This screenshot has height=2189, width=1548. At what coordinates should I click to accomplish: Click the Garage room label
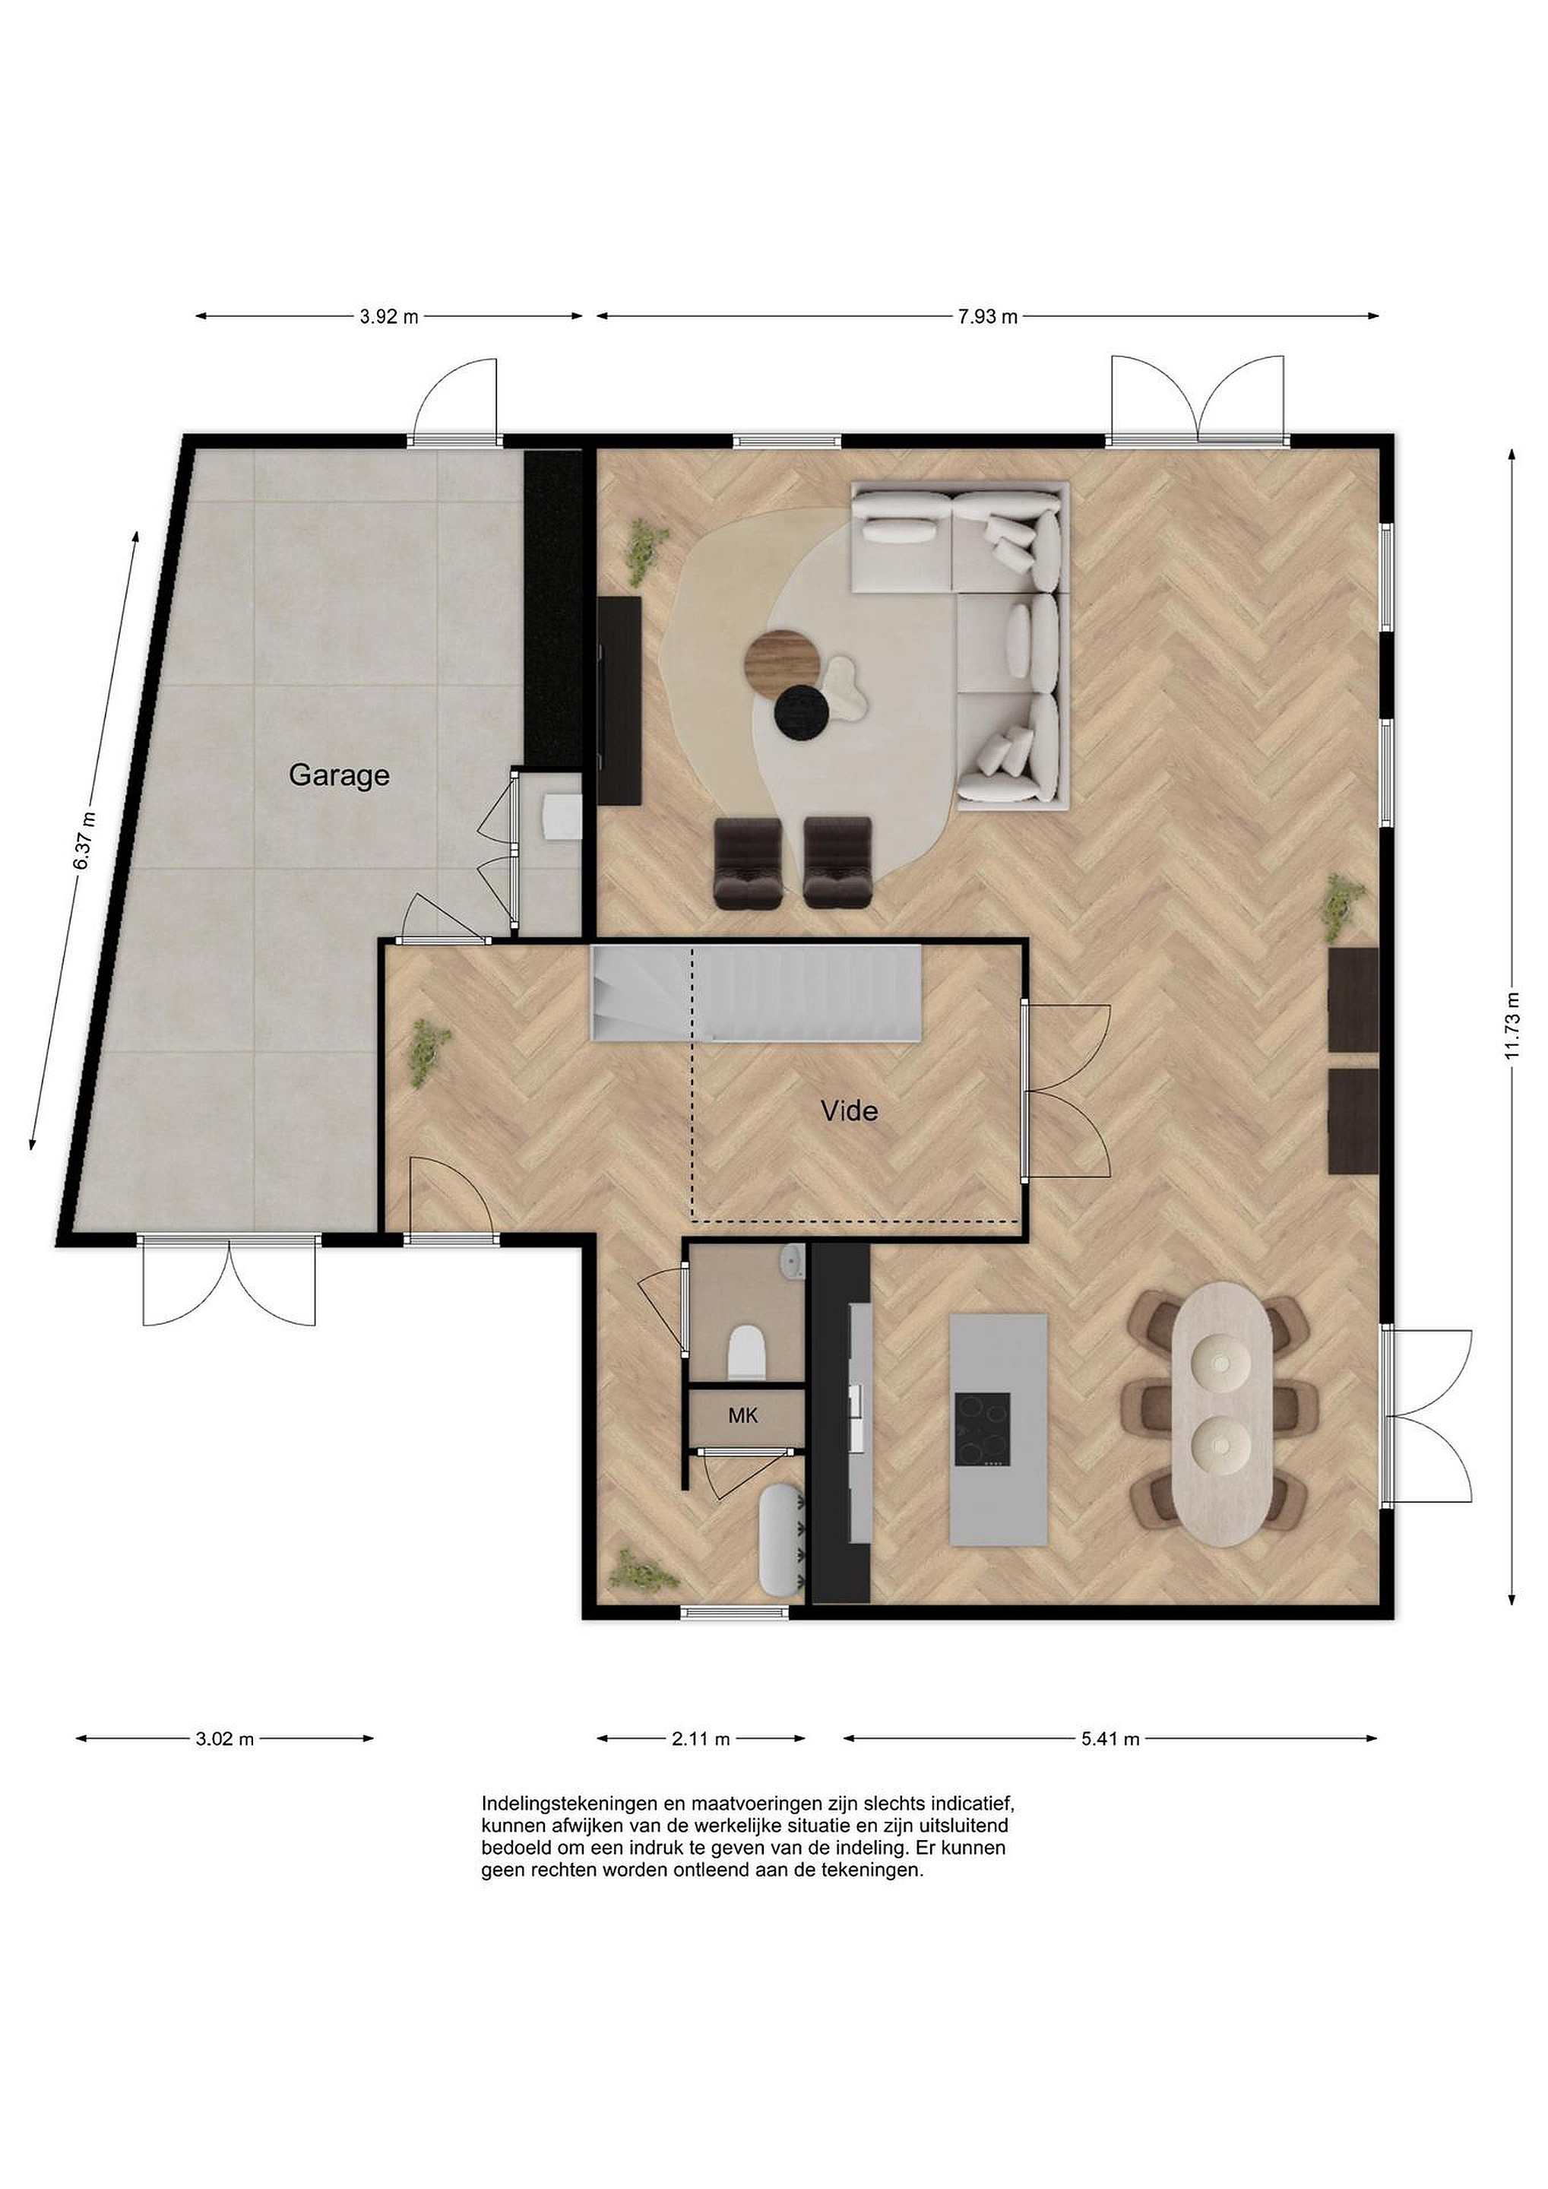340,775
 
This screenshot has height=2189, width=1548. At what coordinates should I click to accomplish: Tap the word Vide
850,1110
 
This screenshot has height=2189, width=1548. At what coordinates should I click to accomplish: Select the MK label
742,1416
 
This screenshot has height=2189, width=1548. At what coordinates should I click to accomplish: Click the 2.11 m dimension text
701,1739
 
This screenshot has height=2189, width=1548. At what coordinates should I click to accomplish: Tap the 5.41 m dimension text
1110,1739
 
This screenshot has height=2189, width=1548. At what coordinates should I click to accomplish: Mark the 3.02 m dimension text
225,1739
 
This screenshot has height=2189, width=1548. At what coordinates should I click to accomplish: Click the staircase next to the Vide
756,993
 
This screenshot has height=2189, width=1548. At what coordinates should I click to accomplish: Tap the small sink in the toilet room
792,1262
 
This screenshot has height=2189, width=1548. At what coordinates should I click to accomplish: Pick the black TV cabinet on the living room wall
619,701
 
